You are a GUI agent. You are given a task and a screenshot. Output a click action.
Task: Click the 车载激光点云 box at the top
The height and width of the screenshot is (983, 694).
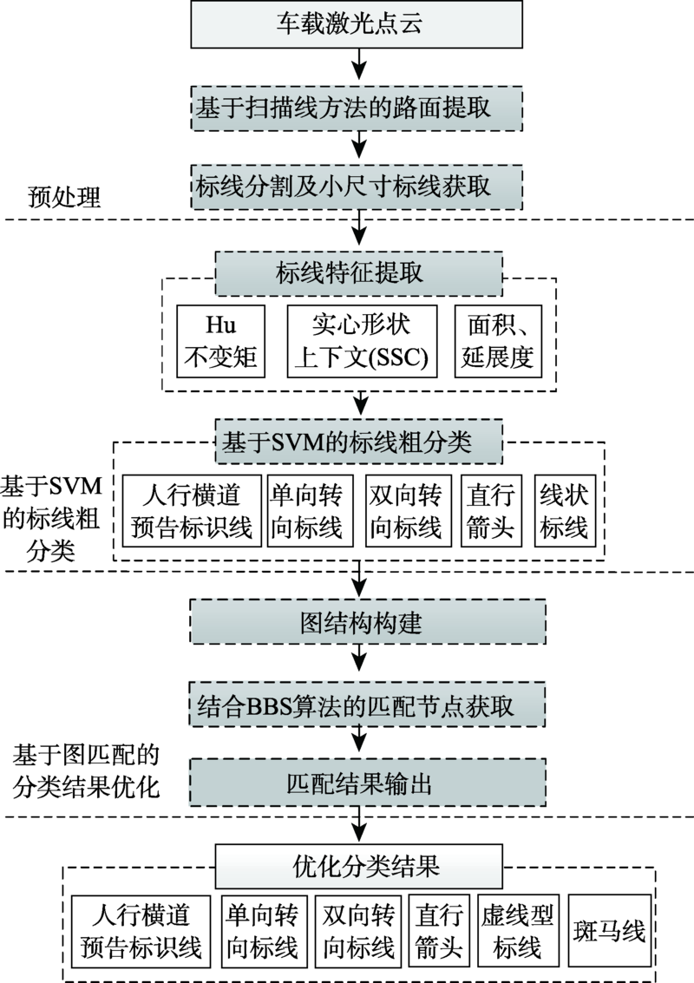(357, 23)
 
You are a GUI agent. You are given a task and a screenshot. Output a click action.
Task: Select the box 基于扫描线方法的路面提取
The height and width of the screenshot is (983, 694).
(357, 108)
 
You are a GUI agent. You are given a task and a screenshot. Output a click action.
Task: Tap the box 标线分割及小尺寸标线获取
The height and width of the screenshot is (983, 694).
(357, 186)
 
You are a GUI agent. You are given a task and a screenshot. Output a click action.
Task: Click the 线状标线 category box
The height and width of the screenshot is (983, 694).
(564, 511)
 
